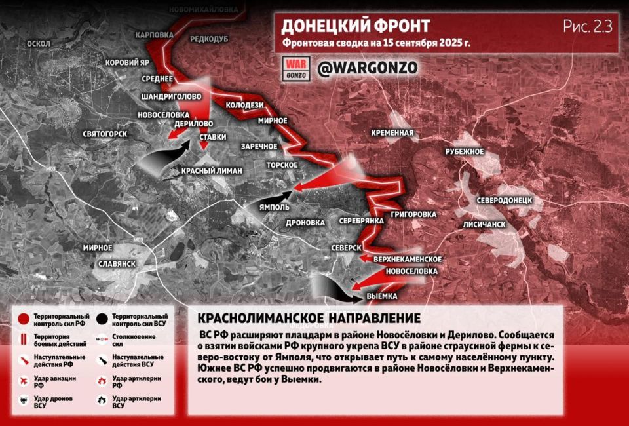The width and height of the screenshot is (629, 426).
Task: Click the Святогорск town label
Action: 105,134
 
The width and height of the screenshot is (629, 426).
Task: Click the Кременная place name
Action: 392,133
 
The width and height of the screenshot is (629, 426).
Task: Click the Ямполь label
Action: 275,207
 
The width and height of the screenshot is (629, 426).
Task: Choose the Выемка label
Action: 381,296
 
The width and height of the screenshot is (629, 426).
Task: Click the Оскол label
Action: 39,43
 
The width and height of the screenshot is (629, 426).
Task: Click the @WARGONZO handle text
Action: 366,68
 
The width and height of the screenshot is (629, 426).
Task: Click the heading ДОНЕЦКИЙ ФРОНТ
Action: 355,26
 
